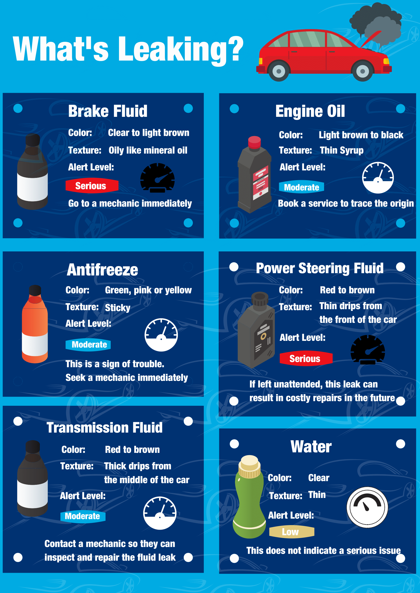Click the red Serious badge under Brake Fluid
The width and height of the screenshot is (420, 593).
[92, 186]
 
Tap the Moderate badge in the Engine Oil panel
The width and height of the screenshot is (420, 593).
[301, 187]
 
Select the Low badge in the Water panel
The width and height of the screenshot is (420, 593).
[292, 532]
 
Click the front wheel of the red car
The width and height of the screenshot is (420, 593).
[362, 71]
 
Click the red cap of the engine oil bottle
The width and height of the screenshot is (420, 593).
[254, 142]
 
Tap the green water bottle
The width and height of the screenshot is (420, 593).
[249, 498]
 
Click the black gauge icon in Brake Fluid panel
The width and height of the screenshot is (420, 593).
[157, 178]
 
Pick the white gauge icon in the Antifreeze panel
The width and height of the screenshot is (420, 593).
[161, 335]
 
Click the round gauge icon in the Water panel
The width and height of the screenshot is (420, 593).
[367, 507]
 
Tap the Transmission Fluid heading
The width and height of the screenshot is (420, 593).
[105, 428]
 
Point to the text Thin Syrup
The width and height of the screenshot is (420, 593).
[341, 150]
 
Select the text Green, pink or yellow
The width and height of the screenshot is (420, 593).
[148, 290]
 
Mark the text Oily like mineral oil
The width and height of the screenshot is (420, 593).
[148, 150]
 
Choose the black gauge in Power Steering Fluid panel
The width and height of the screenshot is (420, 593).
[367, 350]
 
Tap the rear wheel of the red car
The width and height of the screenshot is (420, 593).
[279, 71]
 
